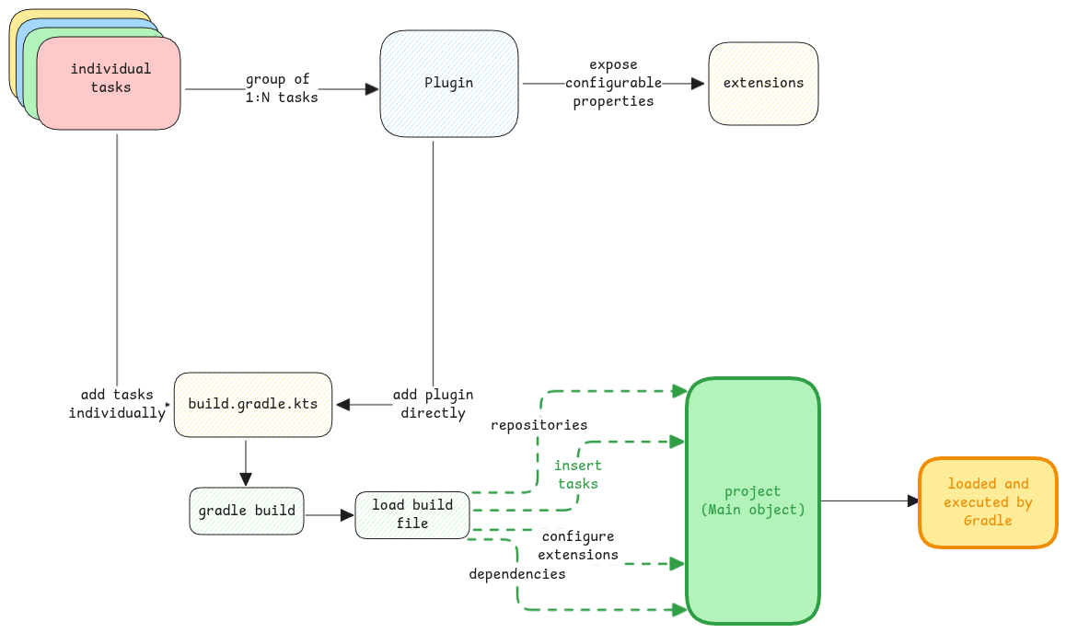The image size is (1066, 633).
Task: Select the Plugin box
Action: (x=449, y=84)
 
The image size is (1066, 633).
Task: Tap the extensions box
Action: (x=763, y=83)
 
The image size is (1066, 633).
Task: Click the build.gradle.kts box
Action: (x=253, y=405)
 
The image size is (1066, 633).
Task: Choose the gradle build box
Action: (x=247, y=511)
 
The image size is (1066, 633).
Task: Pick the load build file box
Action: (x=412, y=514)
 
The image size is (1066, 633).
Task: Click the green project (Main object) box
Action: (x=752, y=501)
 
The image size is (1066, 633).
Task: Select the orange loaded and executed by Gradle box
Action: (x=988, y=502)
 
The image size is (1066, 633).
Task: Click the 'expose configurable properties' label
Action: (x=615, y=83)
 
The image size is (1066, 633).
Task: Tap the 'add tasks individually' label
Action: (x=117, y=404)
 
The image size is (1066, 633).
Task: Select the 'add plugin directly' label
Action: (x=433, y=404)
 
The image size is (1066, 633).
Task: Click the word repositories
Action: (x=539, y=425)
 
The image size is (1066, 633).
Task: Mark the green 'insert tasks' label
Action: (x=577, y=475)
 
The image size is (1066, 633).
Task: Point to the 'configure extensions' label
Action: (x=578, y=545)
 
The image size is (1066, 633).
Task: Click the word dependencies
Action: (x=516, y=573)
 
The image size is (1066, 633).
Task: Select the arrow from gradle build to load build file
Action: (x=329, y=515)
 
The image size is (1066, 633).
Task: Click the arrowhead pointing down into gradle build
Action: (x=246, y=479)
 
